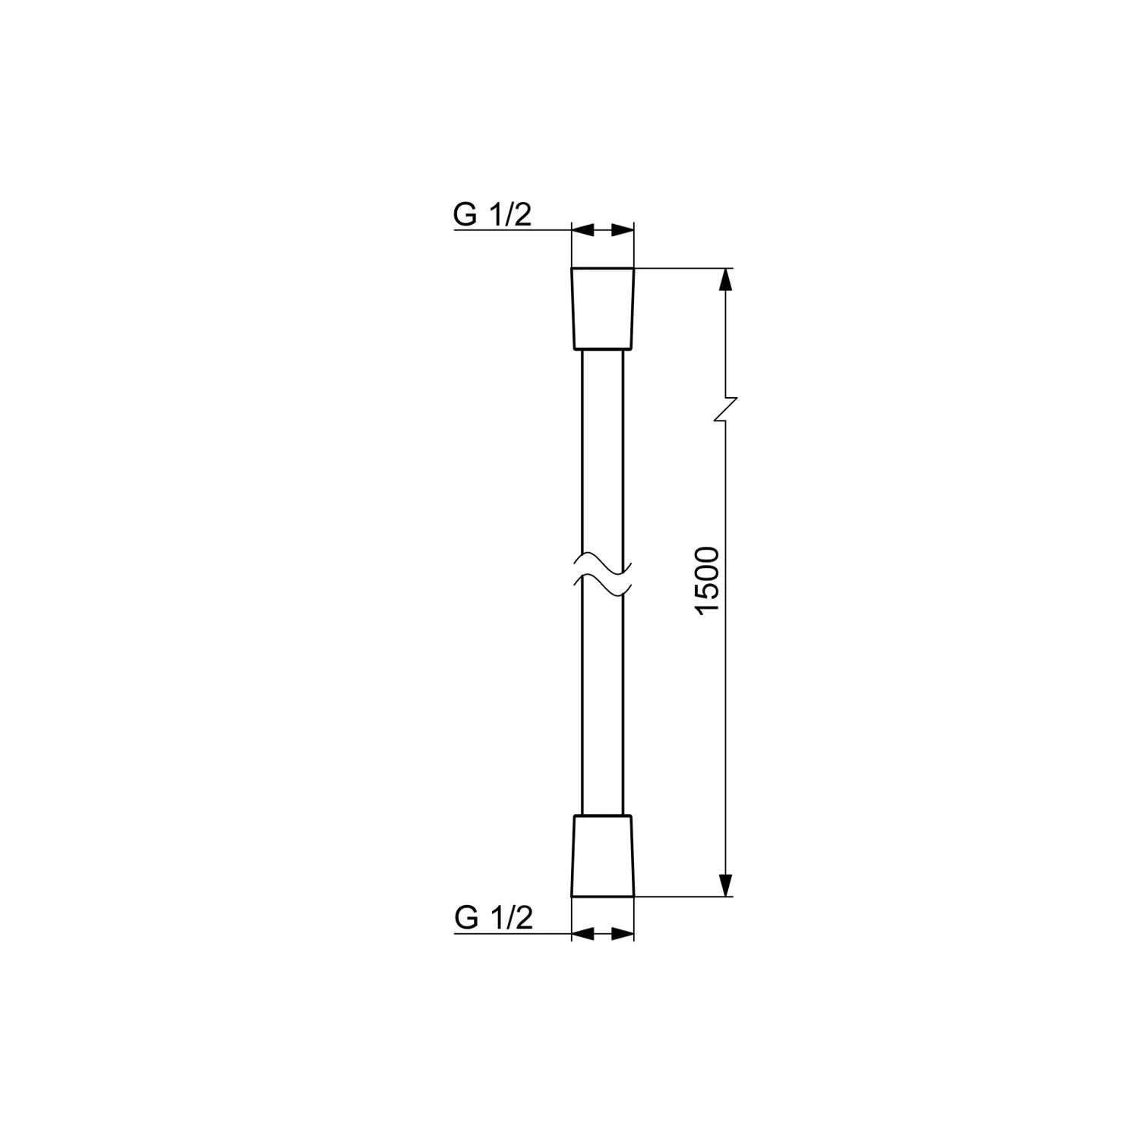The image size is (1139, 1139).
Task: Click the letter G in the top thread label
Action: [x=465, y=215]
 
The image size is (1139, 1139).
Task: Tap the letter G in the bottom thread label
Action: [x=466, y=918]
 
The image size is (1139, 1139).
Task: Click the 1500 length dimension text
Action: [x=706, y=581]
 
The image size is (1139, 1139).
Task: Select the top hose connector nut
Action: [x=602, y=308]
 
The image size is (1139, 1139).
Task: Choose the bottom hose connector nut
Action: [x=602, y=856]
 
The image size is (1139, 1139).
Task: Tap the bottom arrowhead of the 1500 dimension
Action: [x=727, y=885]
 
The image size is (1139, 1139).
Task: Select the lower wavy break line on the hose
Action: [x=602, y=584]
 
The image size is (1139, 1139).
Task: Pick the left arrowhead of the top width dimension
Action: [x=581, y=229]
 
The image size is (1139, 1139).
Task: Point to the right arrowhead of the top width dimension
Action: [x=623, y=229]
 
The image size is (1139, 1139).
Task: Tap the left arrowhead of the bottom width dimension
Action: [x=581, y=933]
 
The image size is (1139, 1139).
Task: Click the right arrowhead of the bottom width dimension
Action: [x=623, y=933]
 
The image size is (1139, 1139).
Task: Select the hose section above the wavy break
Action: [x=602, y=456]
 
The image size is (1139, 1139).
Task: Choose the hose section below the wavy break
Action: [x=602, y=699]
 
